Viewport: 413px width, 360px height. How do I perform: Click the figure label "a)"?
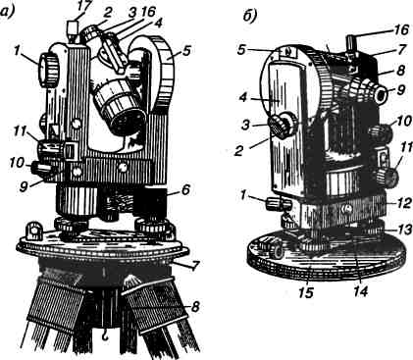coord(7,13)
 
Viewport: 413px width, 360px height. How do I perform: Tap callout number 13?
coord(404,230)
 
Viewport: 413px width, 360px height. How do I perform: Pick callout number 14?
coord(361,290)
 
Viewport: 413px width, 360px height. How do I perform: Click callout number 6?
coord(185,190)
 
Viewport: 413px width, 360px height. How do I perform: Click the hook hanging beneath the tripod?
coord(106,334)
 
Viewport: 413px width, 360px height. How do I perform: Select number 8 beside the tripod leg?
coord(195,307)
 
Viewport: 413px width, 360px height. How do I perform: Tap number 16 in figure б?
coord(400,29)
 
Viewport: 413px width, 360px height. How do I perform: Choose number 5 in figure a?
coord(186,51)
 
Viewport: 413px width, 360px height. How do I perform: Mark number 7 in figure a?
coord(194,266)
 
